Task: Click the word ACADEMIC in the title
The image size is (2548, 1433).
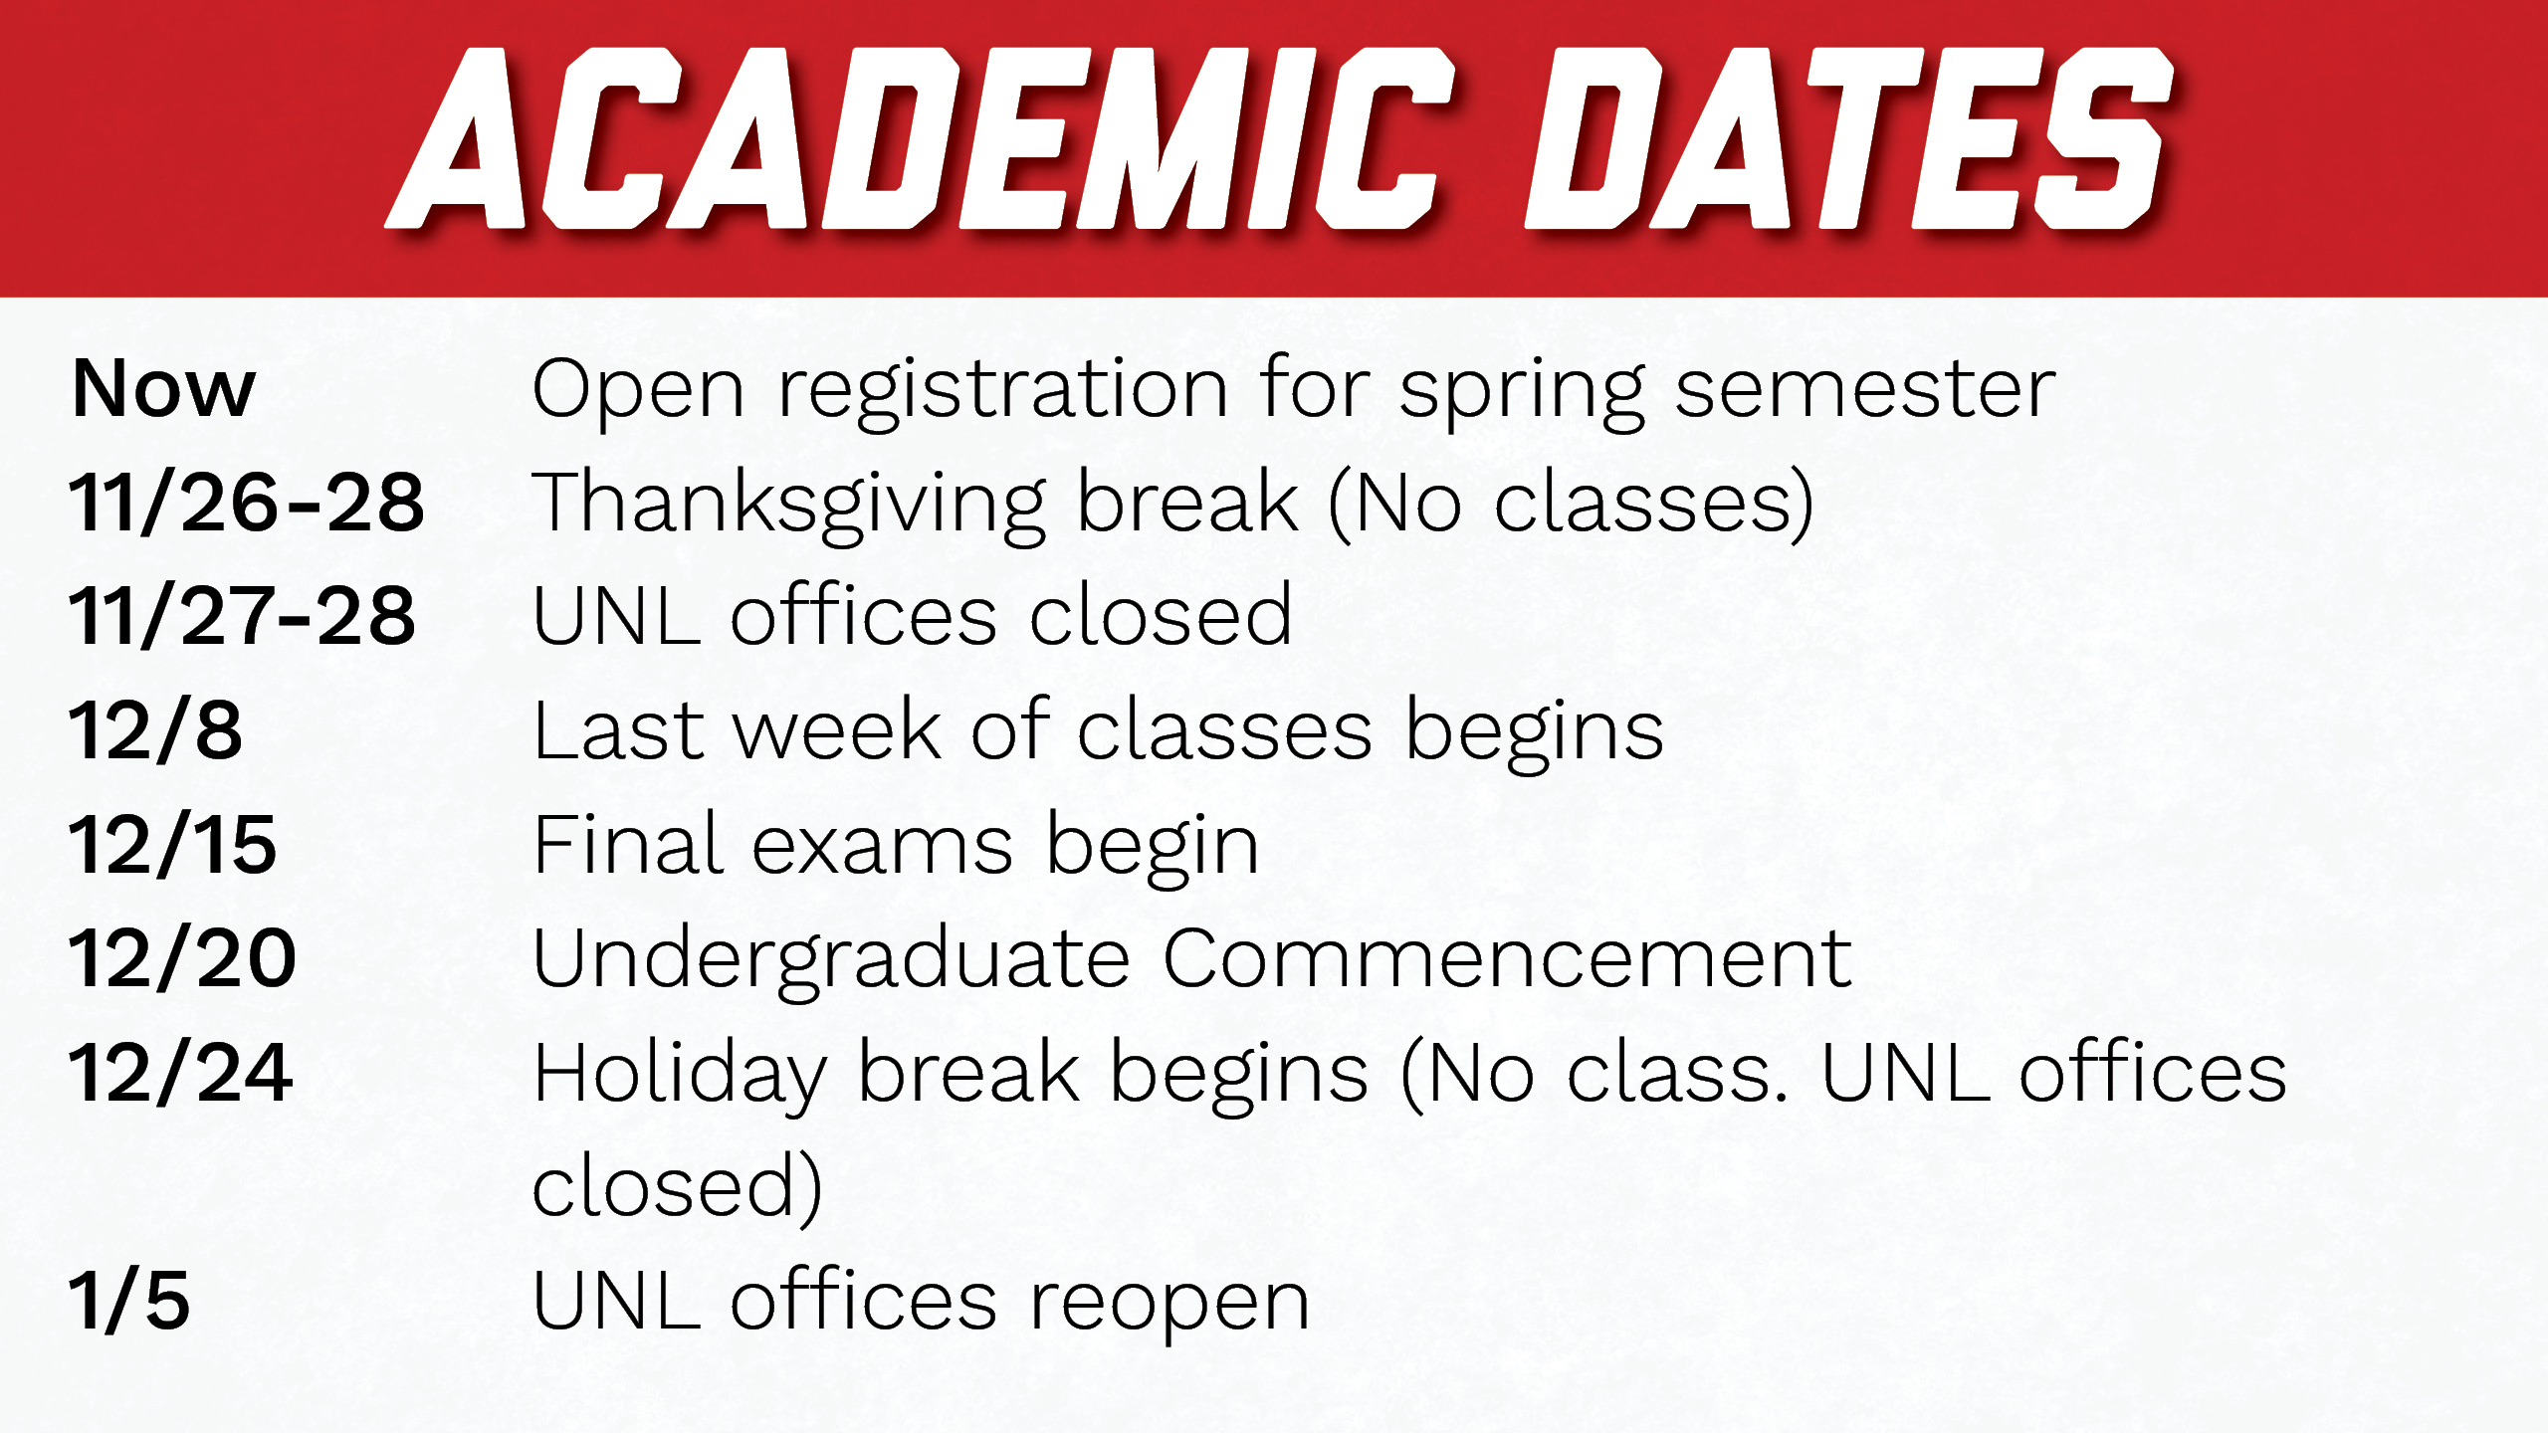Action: click(x=921, y=138)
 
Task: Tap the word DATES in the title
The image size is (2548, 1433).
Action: click(x=1849, y=138)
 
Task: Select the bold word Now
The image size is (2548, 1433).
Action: click(x=164, y=389)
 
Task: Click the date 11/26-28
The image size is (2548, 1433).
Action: click(x=247, y=503)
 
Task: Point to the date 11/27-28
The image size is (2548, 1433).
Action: click(x=242, y=616)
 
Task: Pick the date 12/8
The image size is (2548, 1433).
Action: click(x=155, y=730)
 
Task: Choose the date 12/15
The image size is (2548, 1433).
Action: click(x=172, y=845)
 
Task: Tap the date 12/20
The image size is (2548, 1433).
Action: click(x=182, y=958)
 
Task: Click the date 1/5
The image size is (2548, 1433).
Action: click(x=128, y=1301)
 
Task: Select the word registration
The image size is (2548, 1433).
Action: click(x=1002, y=392)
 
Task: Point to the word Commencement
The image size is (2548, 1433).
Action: click(x=1507, y=958)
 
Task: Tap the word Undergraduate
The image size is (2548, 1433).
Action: click(x=832, y=961)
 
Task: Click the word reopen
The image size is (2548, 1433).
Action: click(x=1169, y=1308)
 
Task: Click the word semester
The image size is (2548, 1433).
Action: click(x=1865, y=389)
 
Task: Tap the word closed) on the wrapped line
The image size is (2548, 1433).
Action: click(x=678, y=1186)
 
